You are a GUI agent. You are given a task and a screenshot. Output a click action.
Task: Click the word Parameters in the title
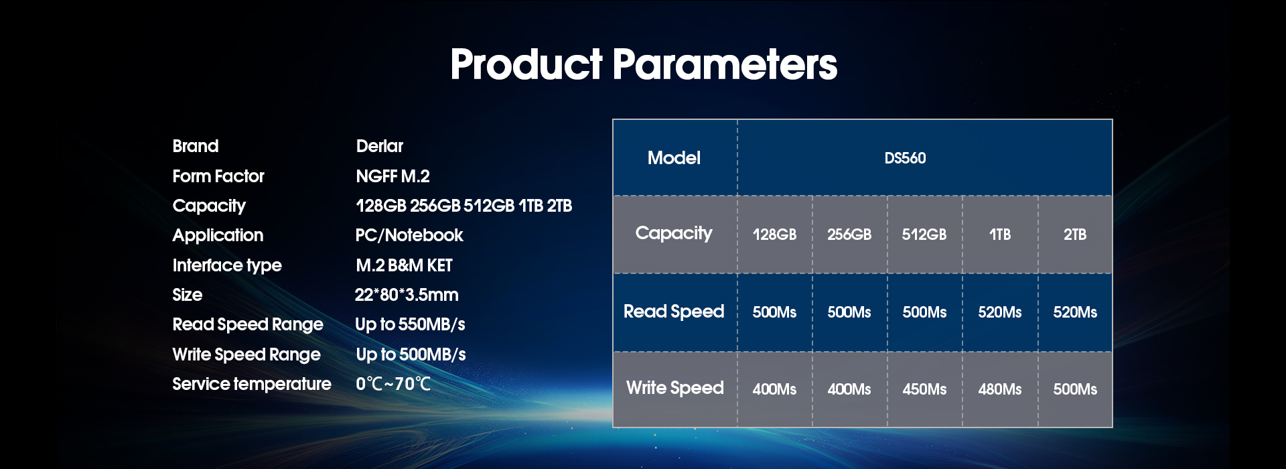pyautogui.click(x=724, y=64)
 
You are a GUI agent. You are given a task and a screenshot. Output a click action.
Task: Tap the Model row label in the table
pyautogui.click(x=674, y=158)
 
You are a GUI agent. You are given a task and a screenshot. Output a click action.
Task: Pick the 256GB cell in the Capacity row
pyautogui.click(x=849, y=234)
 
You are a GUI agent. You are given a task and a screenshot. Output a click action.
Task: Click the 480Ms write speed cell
pyautogui.click(x=1000, y=389)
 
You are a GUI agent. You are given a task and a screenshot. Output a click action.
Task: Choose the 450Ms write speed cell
pyautogui.click(x=924, y=389)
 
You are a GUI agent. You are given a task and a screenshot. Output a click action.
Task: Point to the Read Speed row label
pyautogui.click(x=674, y=312)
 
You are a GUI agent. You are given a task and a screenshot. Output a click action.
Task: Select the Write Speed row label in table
pyautogui.click(x=675, y=388)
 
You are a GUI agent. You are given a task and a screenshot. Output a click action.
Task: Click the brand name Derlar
pyautogui.click(x=380, y=146)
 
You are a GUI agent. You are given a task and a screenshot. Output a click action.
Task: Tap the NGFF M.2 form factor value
pyautogui.click(x=392, y=176)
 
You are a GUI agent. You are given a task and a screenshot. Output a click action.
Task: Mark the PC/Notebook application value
pyautogui.click(x=409, y=235)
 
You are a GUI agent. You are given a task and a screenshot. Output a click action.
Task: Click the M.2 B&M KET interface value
pyautogui.click(x=404, y=265)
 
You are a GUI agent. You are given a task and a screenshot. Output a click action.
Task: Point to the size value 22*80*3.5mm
pyautogui.click(x=407, y=295)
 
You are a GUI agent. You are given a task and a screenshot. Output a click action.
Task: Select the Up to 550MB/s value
pyautogui.click(x=410, y=325)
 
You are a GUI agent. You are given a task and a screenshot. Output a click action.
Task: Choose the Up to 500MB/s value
pyautogui.click(x=411, y=354)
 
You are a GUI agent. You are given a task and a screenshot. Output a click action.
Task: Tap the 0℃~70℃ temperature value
pyautogui.click(x=393, y=384)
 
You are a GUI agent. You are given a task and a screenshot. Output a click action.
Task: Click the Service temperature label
pyautogui.click(x=252, y=384)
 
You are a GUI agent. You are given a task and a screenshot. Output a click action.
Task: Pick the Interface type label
pyautogui.click(x=227, y=265)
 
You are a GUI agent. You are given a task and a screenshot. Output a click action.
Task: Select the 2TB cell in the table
pyautogui.click(x=1075, y=234)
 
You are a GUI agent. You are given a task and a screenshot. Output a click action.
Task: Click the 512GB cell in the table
pyautogui.click(x=924, y=234)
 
